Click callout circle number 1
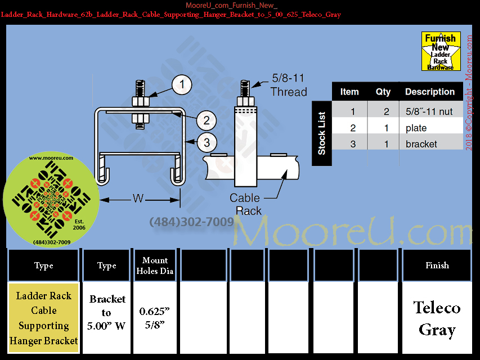[182, 85]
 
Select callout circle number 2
[207, 120]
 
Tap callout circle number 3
[207, 142]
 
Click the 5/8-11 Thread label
[289, 86]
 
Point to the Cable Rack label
[245, 204]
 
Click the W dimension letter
[138, 198]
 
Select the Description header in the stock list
[430, 92]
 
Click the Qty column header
[383, 92]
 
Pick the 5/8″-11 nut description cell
[429, 111]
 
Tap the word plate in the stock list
[416, 128]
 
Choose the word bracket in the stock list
[421, 144]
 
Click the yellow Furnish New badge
[441, 51]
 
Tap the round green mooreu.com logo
[43, 201]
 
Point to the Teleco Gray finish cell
[437, 318]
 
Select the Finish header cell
[437, 265]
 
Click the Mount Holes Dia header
[155, 265]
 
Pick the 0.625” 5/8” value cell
[155, 318]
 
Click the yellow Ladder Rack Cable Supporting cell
[44, 318]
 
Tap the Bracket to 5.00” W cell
[106, 313]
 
